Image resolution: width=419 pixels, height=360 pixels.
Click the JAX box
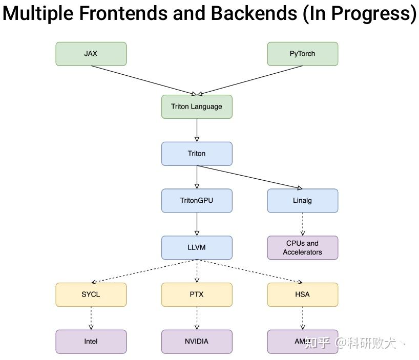91,54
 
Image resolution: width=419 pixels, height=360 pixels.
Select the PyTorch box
302,54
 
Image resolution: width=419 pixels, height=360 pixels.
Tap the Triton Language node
197,107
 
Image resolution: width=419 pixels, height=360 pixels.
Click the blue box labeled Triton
197,153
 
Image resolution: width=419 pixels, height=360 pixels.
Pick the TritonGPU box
197,200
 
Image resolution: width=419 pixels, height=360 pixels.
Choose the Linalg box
302,200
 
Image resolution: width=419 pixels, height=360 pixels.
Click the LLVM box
197,247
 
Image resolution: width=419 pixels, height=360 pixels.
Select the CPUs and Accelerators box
302,247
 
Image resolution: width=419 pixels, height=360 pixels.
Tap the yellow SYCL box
91,294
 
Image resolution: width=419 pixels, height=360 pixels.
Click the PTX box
197,294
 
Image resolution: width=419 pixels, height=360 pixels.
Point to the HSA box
302,294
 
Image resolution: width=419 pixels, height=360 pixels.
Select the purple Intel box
91,341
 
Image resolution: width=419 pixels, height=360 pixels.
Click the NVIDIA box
197,341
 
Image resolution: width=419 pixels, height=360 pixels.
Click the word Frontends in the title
122,14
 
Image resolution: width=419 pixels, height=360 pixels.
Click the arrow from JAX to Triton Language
143,80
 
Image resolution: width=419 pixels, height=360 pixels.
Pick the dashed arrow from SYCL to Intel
91,318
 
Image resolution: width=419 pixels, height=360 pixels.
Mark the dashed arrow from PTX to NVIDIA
197,318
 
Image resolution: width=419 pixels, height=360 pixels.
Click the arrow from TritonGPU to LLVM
197,224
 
